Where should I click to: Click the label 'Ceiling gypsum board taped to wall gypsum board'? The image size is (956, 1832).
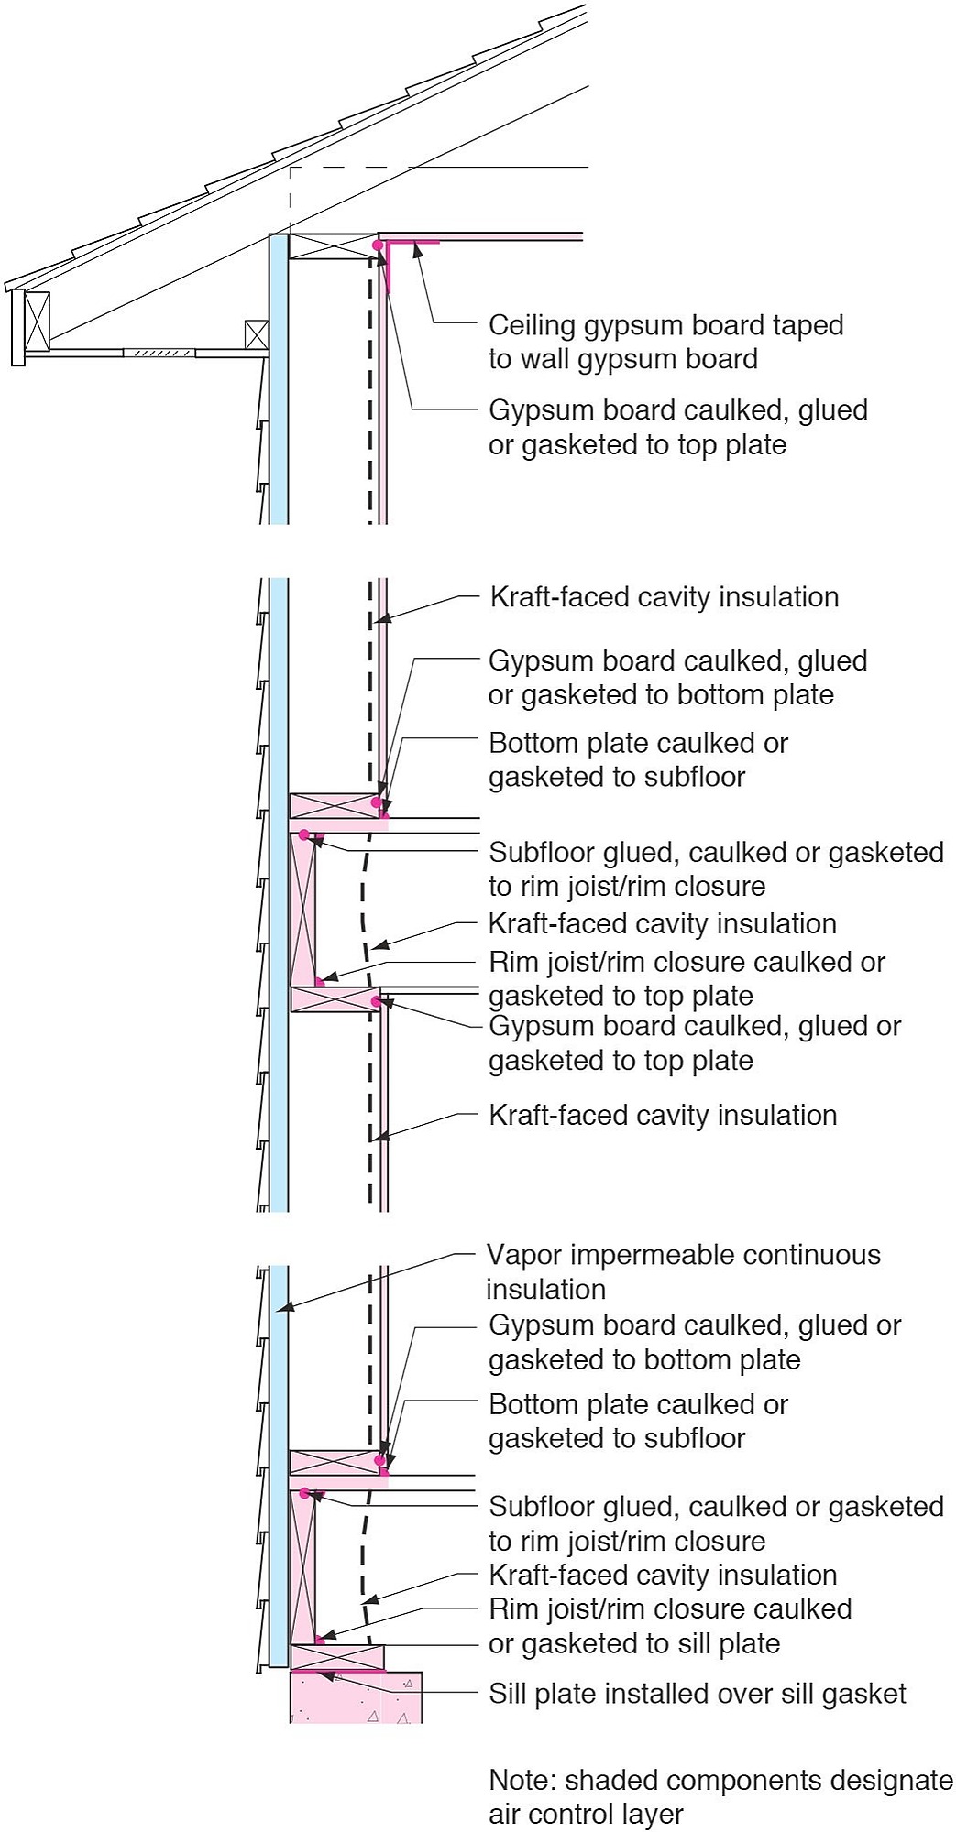pyautogui.click(x=665, y=342)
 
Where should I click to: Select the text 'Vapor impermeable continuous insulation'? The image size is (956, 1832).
pyautogui.click(x=683, y=1271)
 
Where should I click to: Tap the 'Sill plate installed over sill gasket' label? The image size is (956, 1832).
pyautogui.click(x=697, y=1694)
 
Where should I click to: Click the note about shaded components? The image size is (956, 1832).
pyautogui.click(x=720, y=1796)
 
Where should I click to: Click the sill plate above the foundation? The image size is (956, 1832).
pyautogui.click(x=337, y=1656)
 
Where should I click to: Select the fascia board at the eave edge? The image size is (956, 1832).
pyautogui.click(x=16, y=328)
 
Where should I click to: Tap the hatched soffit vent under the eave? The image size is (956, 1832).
pyautogui.click(x=159, y=352)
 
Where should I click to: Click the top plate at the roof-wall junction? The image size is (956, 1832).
pyautogui.click(x=334, y=246)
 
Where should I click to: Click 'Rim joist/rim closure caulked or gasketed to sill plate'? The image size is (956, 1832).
pyautogui.click(x=670, y=1626)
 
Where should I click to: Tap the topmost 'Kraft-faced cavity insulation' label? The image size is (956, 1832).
pyautogui.click(x=665, y=597)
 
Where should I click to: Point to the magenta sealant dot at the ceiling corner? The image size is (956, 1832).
pyautogui.click(x=377, y=245)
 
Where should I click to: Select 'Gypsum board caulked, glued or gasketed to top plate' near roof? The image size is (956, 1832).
pyautogui.click(x=677, y=428)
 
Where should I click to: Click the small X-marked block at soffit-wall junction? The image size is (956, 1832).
pyautogui.click(x=257, y=334)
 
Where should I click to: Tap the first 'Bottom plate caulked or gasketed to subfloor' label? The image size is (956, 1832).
pyautogui.click(x=638, y=759)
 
